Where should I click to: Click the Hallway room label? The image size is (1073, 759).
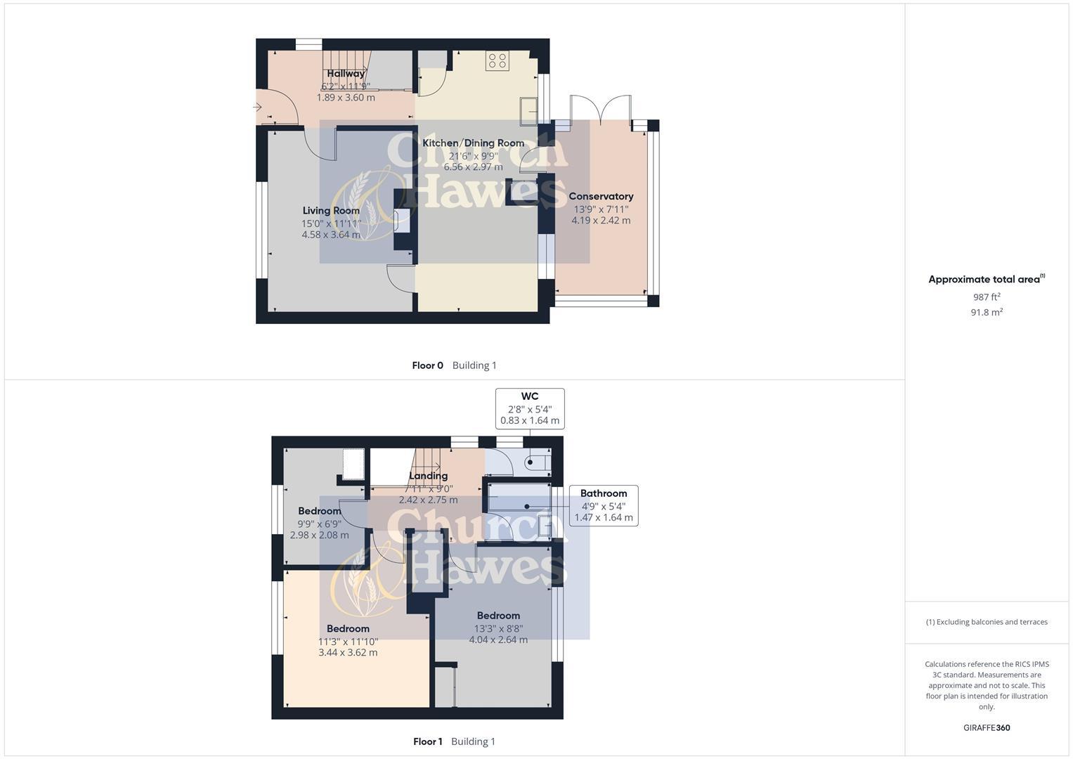point(346,73)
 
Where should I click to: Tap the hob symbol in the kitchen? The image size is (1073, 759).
point(497,61)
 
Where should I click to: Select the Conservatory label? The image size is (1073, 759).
point(601,196)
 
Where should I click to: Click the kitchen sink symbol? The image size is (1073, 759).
point(528,110)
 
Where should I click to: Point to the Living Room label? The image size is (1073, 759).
point(331,210)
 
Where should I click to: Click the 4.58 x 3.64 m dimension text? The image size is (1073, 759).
point(331,235)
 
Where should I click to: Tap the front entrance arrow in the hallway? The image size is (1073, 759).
point(258,108)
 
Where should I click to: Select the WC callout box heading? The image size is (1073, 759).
point(530,396)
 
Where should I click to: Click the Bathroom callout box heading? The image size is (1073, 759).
point(604,493)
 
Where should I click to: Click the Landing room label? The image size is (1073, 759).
point(428,476)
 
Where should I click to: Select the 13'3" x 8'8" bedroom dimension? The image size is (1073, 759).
point(498,628)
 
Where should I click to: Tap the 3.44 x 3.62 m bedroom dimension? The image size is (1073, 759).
point(348,652)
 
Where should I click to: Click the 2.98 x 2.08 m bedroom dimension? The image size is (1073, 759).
point(319,535)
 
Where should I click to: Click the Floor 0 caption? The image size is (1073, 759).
point(427,365)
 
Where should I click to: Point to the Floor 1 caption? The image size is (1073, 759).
point(427,741)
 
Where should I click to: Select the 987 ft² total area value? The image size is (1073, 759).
point(987,297)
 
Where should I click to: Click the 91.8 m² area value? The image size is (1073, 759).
point(987,312)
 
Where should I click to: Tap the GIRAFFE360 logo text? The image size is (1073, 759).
point(987,728)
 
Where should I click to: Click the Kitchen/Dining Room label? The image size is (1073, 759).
point(473,143)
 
